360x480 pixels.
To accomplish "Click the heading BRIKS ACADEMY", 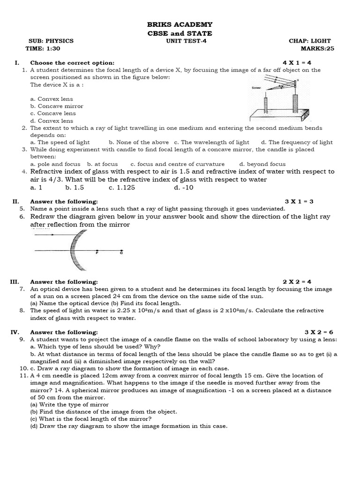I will [x=180, y=24].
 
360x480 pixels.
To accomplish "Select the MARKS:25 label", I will [x=318, y=48].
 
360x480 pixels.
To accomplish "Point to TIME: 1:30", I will [x=43, y=48].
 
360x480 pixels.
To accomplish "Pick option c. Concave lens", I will [x=52, y=113].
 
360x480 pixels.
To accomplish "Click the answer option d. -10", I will [x=183, y=187].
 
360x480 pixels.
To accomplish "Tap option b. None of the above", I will [x=139, y=142].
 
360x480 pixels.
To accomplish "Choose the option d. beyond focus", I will [x=262, y=165].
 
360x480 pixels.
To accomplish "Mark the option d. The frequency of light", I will [x=297, y=142].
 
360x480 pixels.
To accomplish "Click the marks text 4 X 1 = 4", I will [x=297, y=62].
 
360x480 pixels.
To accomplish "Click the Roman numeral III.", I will [x=15, y=282].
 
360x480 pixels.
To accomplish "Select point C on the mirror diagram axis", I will [x=121, y=252].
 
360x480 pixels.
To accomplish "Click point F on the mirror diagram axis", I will [x=97, y=252].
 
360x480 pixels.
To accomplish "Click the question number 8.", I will [x=22, y=310].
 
